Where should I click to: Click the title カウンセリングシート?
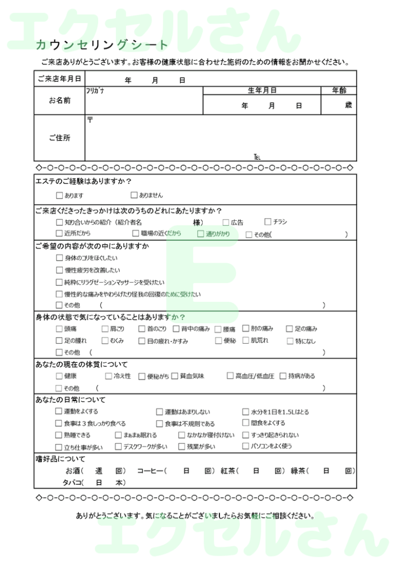[102, 45]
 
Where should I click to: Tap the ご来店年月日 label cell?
[59, 79]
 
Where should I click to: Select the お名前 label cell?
[59, 100]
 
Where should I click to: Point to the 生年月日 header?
[262, 90]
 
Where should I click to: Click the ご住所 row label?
[59, 138]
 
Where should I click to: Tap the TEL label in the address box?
[257, 157]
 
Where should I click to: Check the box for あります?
[60, 195]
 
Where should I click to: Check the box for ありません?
[134, 195]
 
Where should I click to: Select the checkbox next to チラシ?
[268, 222]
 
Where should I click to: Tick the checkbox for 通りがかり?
[201, 234]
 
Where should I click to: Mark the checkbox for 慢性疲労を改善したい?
[60, 270]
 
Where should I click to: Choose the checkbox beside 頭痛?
[60, 329]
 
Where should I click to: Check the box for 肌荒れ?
[246, 340]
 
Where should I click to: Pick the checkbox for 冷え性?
[108, 376]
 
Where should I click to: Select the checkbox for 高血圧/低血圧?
[230, 376]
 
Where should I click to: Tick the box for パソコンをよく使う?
[246, 446]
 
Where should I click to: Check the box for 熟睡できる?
[59, 435]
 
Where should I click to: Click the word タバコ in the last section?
[72, 482]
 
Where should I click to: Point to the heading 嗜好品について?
[60, 459]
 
